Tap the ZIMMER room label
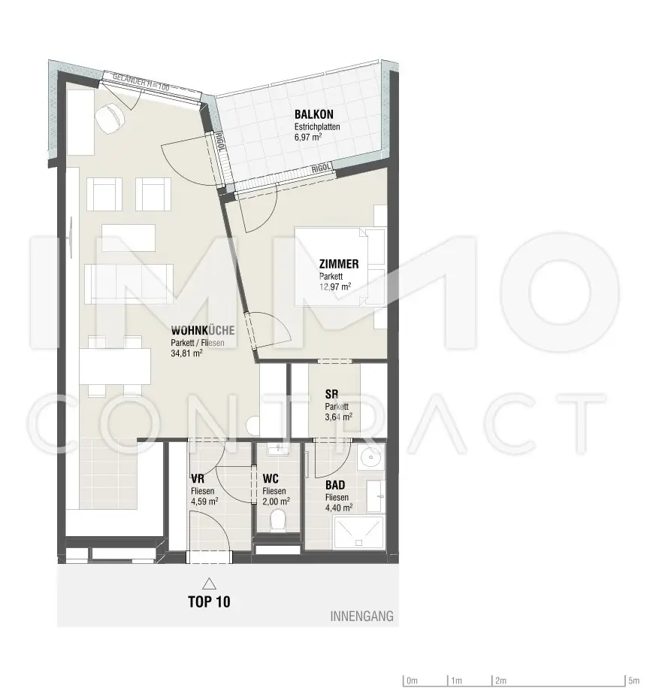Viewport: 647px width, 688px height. (338, 264)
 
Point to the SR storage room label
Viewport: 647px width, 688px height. (331, 393)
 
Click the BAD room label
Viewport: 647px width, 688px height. (335, 486)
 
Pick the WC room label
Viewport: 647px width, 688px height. (271, 479)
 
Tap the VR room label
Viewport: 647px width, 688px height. (198, 478)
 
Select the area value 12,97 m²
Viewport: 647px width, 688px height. (335, 286)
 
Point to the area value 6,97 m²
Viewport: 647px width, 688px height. (310, 138)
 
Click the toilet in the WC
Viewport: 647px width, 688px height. (277, 520)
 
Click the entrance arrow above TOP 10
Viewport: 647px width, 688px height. (209, 583)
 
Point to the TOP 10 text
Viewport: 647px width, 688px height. (209, 602)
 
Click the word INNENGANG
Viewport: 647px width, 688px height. (361, 617)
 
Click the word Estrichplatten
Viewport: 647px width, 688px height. (317, 127)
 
